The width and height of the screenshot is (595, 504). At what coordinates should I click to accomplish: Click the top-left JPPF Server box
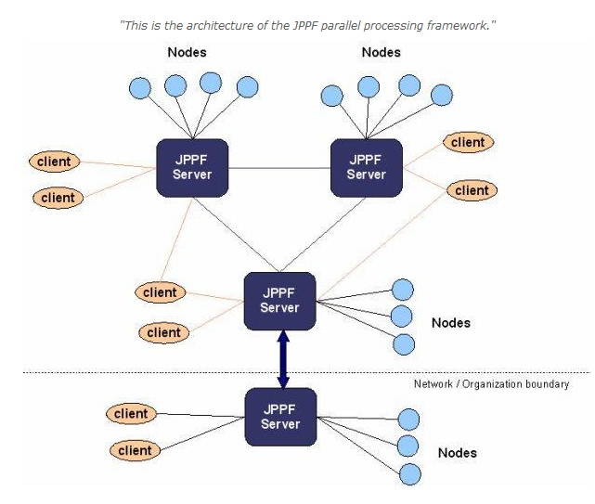(193, 167)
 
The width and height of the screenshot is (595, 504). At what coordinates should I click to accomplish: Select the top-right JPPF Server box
(366, 167)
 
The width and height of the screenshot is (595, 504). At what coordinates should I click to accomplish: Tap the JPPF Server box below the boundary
(280, 417)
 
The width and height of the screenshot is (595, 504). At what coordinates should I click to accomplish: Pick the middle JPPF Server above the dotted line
(280, 300)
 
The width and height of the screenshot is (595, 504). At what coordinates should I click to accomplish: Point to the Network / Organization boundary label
(491, 383)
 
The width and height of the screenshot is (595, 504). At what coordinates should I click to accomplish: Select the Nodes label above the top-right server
(381, 53)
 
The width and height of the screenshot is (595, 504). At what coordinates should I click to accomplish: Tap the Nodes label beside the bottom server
(458, 453)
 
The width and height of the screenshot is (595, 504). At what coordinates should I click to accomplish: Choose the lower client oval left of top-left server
(58, 197)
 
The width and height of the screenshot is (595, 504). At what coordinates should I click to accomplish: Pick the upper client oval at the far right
(468, 142)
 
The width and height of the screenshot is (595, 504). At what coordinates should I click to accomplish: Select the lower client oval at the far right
(472, 190)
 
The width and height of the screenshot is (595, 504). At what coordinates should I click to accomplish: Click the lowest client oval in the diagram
(135, 450)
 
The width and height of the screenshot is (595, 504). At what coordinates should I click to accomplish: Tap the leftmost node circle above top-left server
(139, 89)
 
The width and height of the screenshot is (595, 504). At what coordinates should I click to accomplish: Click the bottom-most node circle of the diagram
(408, 474)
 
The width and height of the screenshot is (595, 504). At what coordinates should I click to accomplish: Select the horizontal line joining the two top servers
(279, 168)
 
